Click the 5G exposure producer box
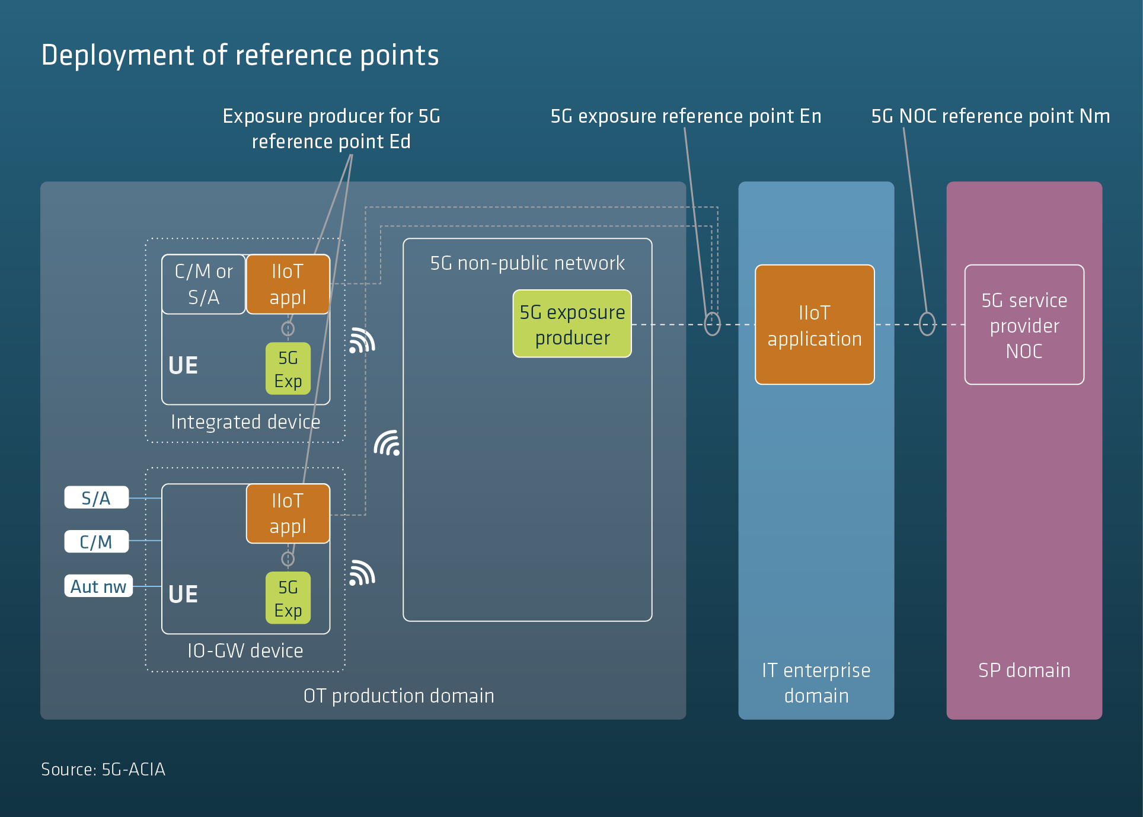click(572, 324)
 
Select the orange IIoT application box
click(815, 325)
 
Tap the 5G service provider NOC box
click(1024, 325)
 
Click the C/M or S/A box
click(203, 284)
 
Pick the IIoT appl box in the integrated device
click(288, 284)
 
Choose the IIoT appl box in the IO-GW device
click(288, 513)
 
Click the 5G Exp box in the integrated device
click(288, 369)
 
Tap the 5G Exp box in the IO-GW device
click(288, 598)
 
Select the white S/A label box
click(96, 498)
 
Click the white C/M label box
click(96, 541)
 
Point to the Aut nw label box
click(98, 586)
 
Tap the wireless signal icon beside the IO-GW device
click(362, 573)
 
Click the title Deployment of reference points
click(240, 55)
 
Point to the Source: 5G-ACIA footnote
click(103, 769)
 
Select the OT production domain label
click(399, 695)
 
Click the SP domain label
click(1024, 670)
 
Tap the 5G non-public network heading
click(528, 263)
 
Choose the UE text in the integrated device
click(183, 365)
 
